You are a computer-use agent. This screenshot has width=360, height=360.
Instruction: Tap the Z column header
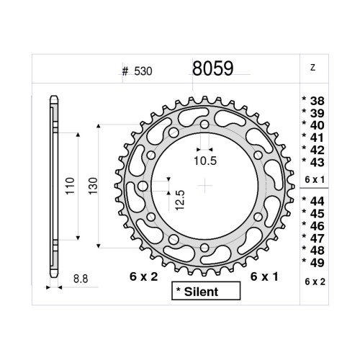coord(312,68)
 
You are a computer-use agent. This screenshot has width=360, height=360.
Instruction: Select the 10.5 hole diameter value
coord(206,160)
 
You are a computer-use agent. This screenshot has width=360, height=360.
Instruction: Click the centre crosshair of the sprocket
coord(205,186)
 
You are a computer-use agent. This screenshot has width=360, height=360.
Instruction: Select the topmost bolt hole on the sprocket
coord(205,125)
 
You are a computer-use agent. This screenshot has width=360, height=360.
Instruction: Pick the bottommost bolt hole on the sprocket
coord(205,248)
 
